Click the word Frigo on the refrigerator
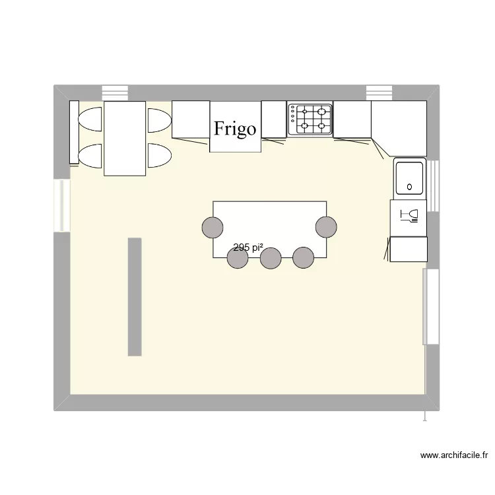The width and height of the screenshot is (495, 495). point(236,128)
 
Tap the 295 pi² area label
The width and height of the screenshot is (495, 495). point(249,248)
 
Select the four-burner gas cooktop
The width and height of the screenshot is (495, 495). point(310,119)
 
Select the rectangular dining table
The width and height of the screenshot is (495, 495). point(125,139)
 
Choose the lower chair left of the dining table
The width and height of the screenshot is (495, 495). point(90,154)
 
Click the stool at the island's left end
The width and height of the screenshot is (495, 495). point(213,226)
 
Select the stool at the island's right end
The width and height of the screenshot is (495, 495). point(326,226)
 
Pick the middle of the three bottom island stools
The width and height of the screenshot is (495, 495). point(271,258)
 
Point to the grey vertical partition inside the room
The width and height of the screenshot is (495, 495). point(135,297)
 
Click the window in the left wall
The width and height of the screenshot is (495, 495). point(61,205)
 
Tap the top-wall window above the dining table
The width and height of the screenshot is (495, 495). point(115,92)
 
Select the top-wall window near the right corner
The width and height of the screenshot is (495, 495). point(379,92)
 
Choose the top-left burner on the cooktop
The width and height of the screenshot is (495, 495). point(305,111)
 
